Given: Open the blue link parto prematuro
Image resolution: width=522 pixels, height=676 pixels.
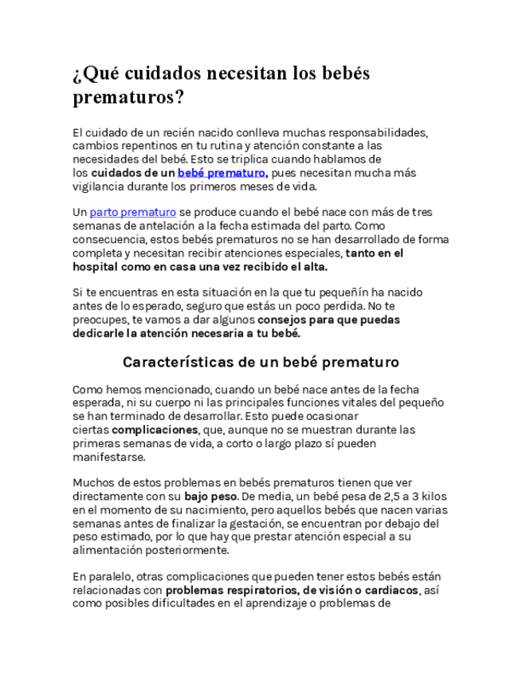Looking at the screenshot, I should (132, 212).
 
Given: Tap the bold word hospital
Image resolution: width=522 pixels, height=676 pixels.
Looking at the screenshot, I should (97, 266).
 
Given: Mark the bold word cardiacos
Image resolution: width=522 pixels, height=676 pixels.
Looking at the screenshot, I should (388, 590).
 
